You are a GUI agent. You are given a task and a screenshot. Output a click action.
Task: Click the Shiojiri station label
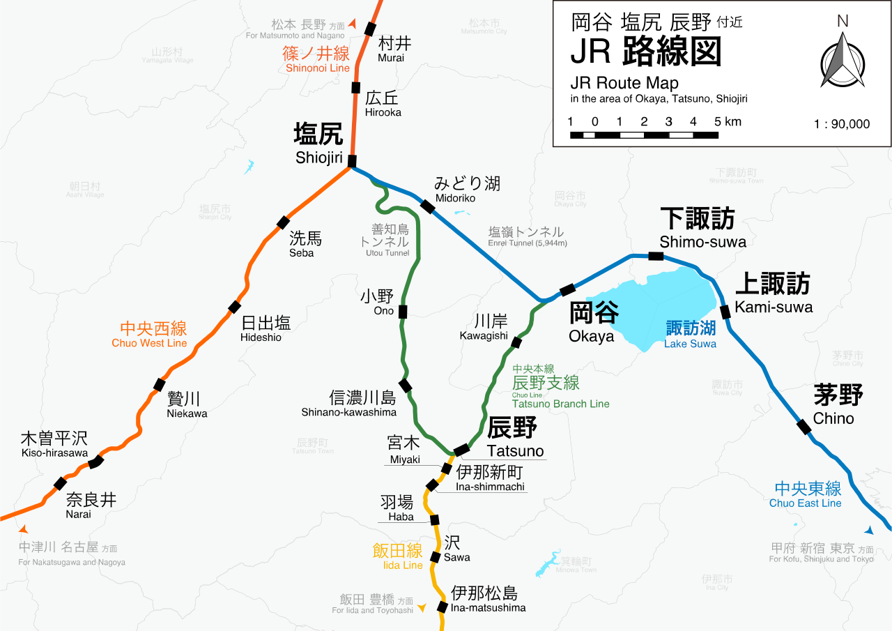[x=318, y=142]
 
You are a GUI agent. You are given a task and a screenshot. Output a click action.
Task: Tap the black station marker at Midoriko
[x=427, y=206]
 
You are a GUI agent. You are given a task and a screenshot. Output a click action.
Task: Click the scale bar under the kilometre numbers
[x=645, y=135]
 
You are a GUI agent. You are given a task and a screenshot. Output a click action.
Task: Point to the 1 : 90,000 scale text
[x=842, y=124]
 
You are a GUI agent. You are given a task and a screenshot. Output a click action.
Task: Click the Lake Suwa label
[x=690, y=334]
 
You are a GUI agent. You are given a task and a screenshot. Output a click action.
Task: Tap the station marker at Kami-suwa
[x=725, y=312]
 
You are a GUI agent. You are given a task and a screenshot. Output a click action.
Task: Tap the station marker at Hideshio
[x=235, y=307]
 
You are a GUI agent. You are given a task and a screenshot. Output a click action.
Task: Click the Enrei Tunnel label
[x=527, y=236]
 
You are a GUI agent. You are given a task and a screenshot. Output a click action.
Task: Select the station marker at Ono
[x=403, y=311]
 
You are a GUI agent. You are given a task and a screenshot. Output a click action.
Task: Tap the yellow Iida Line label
[x=397, y=556]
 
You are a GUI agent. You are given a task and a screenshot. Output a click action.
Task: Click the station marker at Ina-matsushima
[x=442, y=607]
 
